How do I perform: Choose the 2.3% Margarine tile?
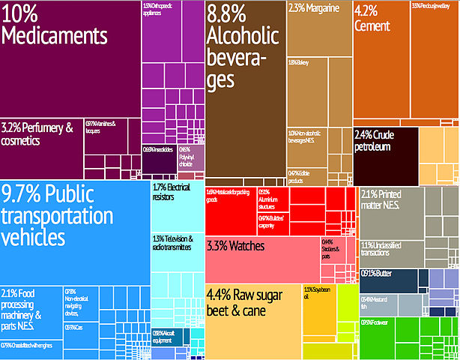pos(318,30)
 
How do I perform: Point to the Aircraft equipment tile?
pos(169,337)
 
